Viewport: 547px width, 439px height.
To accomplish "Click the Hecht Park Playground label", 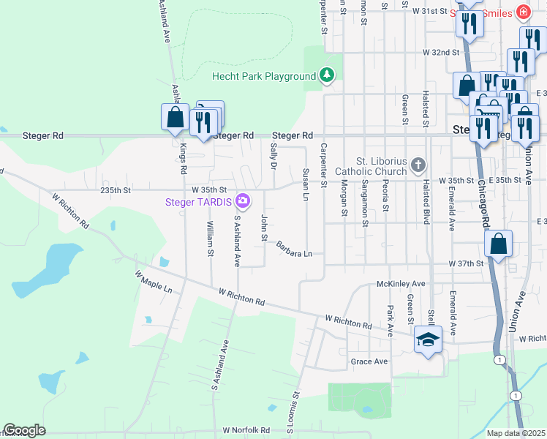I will point(263,76).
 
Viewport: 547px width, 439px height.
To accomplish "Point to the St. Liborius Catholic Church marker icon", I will point(418,164).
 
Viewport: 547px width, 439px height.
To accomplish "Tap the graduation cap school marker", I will point(429,339).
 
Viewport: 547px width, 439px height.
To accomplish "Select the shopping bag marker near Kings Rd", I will point(176,116).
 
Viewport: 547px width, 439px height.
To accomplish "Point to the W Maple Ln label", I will point(154,282).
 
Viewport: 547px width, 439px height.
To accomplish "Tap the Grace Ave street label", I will point(369,361).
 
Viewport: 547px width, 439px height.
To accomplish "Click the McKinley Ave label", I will point(401,283).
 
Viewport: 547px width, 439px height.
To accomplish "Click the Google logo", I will point(24,430).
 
